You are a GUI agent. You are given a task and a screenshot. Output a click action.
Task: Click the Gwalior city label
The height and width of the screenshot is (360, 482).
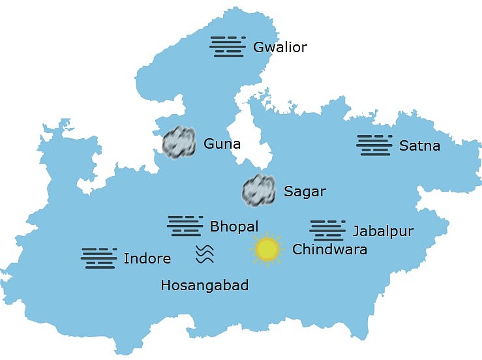pos(280,47)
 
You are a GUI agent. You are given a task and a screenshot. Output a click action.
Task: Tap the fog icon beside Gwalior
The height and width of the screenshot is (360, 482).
pos(228,46)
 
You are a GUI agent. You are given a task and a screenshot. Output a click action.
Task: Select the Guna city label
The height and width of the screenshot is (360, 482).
pos(222,143)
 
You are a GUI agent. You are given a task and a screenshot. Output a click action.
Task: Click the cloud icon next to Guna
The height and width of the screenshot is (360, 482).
pos(179,141)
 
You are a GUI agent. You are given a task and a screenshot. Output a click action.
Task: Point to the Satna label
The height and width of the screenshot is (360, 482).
pos(419,145)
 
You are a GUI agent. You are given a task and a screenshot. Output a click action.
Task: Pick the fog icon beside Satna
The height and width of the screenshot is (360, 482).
pos(374,145)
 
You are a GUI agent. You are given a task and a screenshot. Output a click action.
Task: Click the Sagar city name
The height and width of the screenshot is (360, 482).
pos(305,192)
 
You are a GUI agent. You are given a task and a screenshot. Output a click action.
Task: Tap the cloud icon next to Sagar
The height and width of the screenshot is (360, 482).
pos(259,190)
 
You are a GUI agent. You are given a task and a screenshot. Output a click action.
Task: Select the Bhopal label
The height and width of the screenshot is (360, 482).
pos(234,227)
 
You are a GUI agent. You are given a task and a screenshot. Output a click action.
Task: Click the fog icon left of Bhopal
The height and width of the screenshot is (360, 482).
pos(185,226)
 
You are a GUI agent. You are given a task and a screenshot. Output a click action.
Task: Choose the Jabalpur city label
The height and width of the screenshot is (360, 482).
pos(383,231)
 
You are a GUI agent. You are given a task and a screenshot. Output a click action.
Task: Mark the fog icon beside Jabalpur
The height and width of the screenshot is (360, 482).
pos(327,230)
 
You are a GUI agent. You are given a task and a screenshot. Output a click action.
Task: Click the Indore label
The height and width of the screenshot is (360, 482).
pos(147,259)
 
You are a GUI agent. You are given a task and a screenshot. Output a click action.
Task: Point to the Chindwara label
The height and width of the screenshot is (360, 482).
pos(329,249)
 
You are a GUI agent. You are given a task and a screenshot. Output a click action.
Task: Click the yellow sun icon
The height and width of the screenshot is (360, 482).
pos(267,250)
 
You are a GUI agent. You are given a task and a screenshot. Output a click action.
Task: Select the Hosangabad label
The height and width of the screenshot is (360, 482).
pos(204,285)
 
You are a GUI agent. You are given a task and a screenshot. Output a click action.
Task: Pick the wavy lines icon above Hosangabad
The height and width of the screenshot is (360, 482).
pos(205,254)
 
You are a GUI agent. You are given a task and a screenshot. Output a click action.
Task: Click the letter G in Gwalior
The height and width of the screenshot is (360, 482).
pos(258,47)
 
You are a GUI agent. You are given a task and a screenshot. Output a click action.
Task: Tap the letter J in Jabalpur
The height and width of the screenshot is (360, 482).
pos(356,232)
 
